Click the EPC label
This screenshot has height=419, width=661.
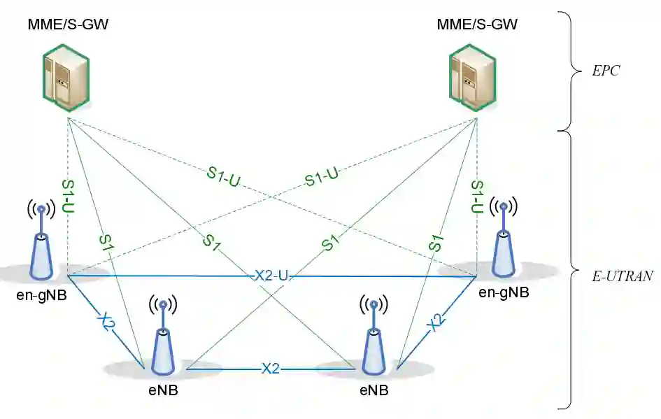(606, 71)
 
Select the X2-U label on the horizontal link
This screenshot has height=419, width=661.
(271, 276)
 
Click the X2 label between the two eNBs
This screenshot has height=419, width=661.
(271, 368)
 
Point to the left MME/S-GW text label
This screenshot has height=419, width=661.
(68, 25)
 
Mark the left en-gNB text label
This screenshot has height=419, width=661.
(41, 295)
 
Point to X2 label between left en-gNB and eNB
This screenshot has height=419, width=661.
(105, 322)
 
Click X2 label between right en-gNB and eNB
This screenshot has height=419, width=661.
(436, 322)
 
